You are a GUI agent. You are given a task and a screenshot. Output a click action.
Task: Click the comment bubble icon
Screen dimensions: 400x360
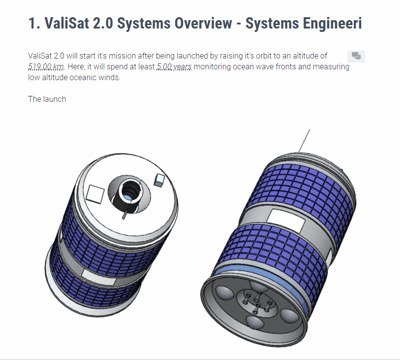356,56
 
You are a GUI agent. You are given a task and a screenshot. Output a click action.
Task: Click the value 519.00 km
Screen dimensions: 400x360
46,67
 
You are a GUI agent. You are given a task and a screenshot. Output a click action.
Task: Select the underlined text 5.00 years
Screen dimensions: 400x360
174,67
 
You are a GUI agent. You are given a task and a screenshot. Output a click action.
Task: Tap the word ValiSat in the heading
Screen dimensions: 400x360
66,23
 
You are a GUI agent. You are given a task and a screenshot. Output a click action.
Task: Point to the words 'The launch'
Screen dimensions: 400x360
47,99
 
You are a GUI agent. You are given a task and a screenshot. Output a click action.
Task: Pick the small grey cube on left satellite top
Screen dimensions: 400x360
159,180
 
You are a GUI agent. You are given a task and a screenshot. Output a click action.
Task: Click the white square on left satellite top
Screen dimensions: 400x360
95,194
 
